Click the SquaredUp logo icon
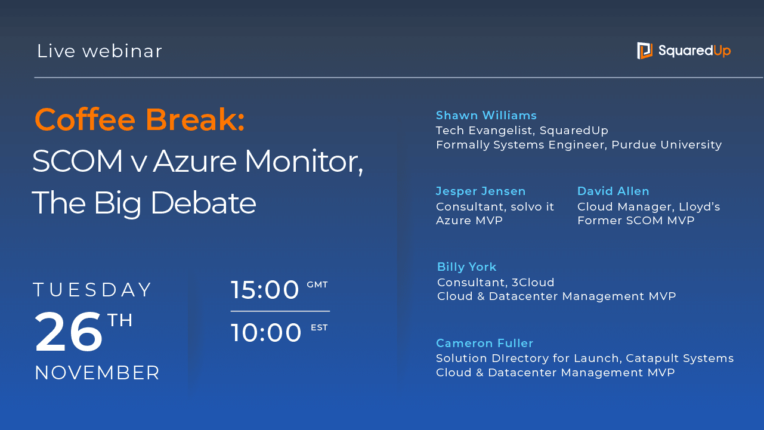645,51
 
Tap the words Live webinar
99,51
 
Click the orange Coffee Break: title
140,119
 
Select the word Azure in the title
194,161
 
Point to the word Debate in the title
203,203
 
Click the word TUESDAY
92,289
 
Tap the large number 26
68,332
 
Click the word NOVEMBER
97,372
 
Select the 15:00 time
265,289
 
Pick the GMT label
317,284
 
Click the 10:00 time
266,332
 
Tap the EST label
319,327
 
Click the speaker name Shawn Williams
486,115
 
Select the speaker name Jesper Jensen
481,191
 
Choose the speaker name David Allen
613,191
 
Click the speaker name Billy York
466,267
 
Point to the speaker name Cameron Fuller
485,343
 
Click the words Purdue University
666,145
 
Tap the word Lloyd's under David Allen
700,206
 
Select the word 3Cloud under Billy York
533,282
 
